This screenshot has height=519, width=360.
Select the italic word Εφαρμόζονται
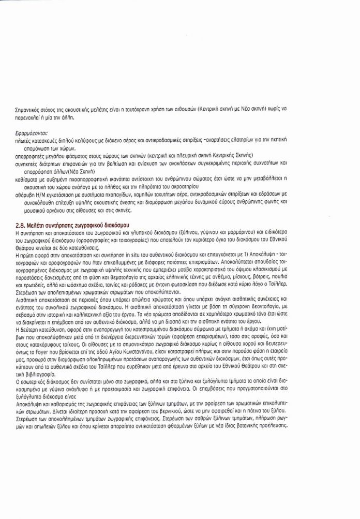pyautogui.click(x=31, y=133)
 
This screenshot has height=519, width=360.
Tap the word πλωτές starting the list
pyautogui.click(x=25, y=141)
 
